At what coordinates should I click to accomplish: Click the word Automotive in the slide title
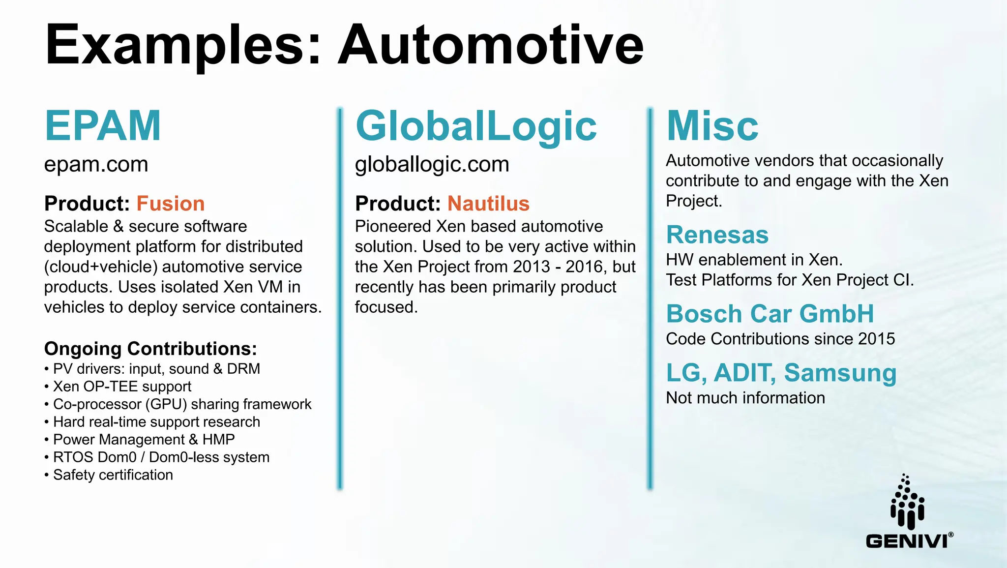click(490, 45)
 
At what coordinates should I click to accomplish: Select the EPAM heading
click(103, 126)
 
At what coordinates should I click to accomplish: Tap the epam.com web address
click(96, 164)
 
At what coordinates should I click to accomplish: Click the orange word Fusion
click(170, 204)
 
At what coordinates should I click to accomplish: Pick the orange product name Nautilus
click(488, 204)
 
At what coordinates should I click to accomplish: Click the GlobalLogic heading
click(475, 126)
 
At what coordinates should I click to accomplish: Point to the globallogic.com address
click(432, 164)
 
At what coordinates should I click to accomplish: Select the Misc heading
click(712, 126)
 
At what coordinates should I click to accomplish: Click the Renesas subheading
click(717, 235)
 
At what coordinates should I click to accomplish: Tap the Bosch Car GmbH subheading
click(770, 314)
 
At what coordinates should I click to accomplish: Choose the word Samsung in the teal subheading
click(840, 373)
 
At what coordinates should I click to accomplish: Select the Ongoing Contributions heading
click(150, 349)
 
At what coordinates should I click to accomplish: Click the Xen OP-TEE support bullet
click(122, 387)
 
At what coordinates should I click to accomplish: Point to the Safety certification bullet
click(113, 475)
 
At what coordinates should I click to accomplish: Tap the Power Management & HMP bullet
click(144, 440)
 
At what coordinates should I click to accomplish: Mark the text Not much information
click(745, 398)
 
